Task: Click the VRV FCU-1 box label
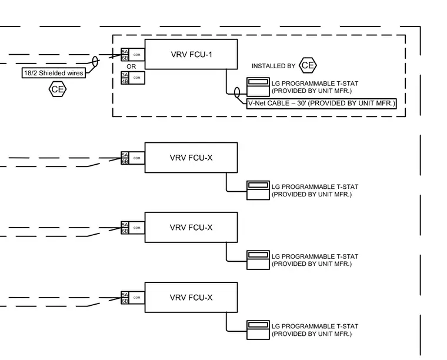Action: [x=192, y=55]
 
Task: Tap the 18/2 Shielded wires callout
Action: [x=54, y=73]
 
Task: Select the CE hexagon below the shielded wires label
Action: [x=58, y=89]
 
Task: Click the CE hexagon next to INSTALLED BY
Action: [x=308, y=65]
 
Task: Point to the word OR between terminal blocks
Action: [x=131, y=66]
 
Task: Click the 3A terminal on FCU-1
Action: [x=125, y=75]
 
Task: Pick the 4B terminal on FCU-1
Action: [x=125, y=81]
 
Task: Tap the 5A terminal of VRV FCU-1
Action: [x=125, y=52]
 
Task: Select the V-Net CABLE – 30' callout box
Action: [x=322, y=103]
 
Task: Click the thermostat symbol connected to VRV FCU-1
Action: [x=258, y=87]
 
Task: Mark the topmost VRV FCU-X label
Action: [x=191, y=158]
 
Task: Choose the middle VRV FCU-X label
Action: [x=191, y=228]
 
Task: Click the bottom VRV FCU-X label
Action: [x=191, y=298]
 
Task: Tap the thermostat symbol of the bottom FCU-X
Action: [x=258, y=330]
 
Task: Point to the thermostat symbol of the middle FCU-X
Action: [x=258, y=260]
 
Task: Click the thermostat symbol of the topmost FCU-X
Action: [x=258, y=191]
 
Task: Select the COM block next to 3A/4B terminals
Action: [x=137, y=78]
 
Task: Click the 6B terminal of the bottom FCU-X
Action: [x=125, y=301]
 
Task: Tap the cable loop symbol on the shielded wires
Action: [x=95, y=61]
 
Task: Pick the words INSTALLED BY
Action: [x=273, y=66]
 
